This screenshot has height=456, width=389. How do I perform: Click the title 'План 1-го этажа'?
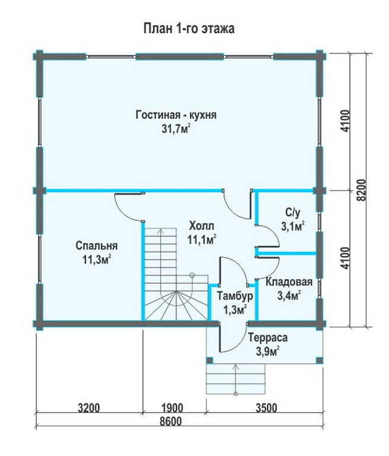pos(189,28)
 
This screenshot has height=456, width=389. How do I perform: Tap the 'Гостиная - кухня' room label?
pos(176,115)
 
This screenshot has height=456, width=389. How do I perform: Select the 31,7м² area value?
pos(176,128)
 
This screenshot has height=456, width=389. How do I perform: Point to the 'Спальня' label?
pos(97,246)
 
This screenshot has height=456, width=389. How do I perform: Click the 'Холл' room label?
pos(202,226)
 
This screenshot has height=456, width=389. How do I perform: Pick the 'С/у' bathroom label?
pos(292,213)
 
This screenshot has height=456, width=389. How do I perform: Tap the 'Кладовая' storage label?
pos(289,282)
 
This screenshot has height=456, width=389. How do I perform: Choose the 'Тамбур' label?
pos(235,296)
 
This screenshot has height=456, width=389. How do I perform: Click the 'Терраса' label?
pos(268,338)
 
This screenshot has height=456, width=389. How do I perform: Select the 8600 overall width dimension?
pos(171,422)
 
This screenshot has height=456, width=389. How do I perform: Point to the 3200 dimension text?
pos(89,408)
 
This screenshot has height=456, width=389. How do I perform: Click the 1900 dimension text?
pos(172,408)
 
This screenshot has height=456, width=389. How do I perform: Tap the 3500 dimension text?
pos(266,408)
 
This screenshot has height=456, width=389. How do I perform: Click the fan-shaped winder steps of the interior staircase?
pos(176,305)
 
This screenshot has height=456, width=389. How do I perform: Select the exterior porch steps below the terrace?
pos(235,379)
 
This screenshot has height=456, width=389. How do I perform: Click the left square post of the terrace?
pos(209,360)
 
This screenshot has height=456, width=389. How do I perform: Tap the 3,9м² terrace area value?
pos(268,351)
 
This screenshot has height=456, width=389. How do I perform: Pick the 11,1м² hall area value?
pos(202,240)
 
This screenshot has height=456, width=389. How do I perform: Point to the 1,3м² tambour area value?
pos(235,310)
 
